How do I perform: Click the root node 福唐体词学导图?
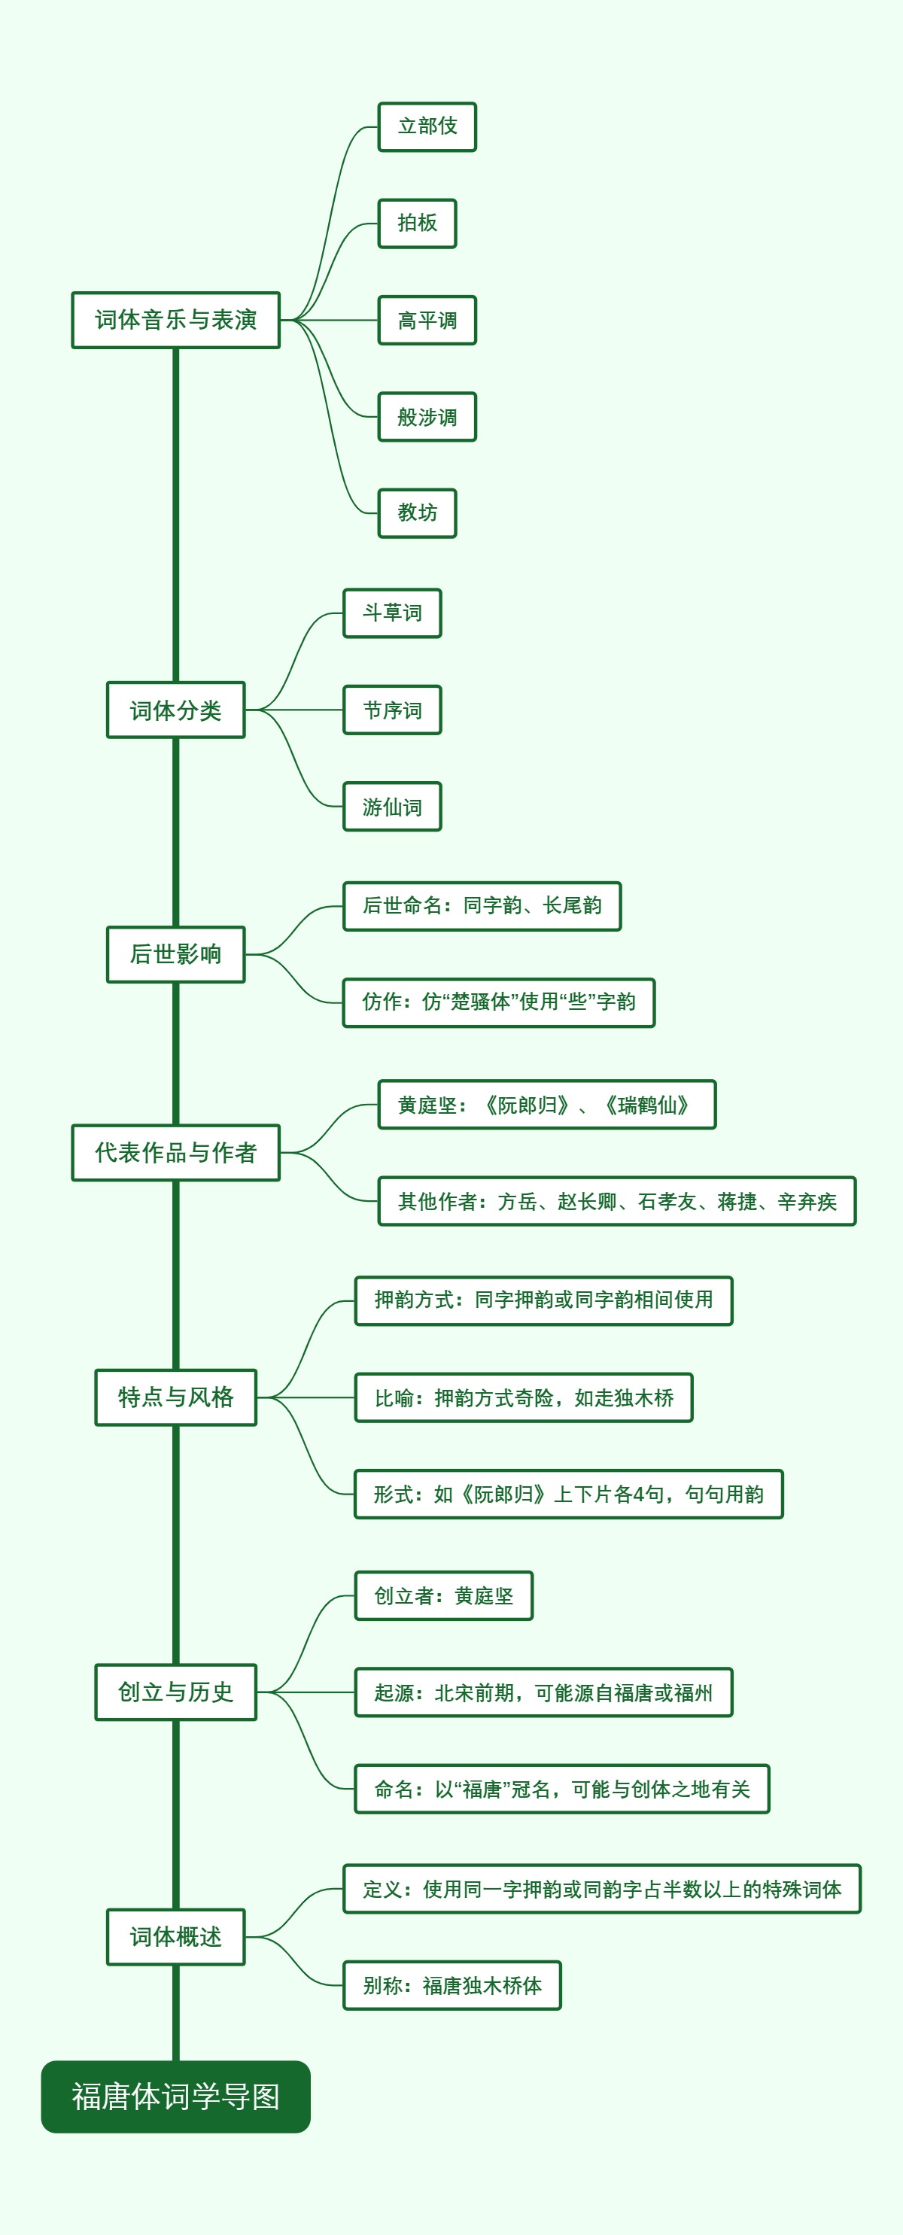(175, 2097)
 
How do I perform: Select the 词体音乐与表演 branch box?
(175, 320)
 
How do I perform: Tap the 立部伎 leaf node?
(427, 126)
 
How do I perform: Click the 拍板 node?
(417, 223)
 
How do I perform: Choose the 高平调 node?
(427, 320)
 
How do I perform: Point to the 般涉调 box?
(427, 418)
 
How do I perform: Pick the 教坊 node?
(417, 512)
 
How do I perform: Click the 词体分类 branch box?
(175, 710)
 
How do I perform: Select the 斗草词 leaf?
(392, 613)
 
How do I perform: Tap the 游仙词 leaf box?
(392, 807)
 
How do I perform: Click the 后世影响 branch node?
(175, 954)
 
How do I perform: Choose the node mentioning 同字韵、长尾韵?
(482, 906)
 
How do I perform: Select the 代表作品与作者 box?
(175, 1153)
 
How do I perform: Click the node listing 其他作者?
(617, 1202)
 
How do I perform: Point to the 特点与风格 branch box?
(175, 1397)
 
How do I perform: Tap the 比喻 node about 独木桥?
(523, 1397)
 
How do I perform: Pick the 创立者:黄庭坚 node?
(443, 1595)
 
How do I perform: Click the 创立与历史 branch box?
(175, 1692)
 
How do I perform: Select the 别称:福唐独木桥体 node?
(452, 1985)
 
